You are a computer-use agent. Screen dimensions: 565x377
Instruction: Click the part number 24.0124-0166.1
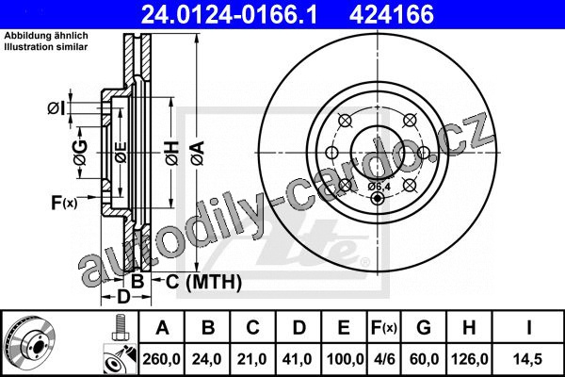229,14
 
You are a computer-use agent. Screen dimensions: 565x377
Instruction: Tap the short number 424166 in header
392,14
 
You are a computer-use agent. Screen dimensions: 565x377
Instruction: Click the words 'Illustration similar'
46,47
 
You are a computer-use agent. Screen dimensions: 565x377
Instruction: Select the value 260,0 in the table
161,359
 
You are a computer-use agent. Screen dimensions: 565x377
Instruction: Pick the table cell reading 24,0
207,359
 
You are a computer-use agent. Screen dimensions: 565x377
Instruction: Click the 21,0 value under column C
251,359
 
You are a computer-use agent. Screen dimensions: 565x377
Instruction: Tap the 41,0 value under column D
298,359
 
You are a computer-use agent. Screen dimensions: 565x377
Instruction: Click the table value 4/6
384,359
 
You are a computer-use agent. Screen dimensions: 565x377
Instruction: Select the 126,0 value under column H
470,359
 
